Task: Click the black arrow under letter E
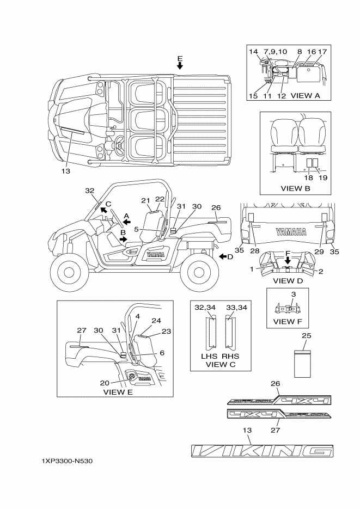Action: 180,65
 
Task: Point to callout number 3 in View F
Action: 293,295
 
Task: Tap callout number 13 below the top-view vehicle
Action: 66,171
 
